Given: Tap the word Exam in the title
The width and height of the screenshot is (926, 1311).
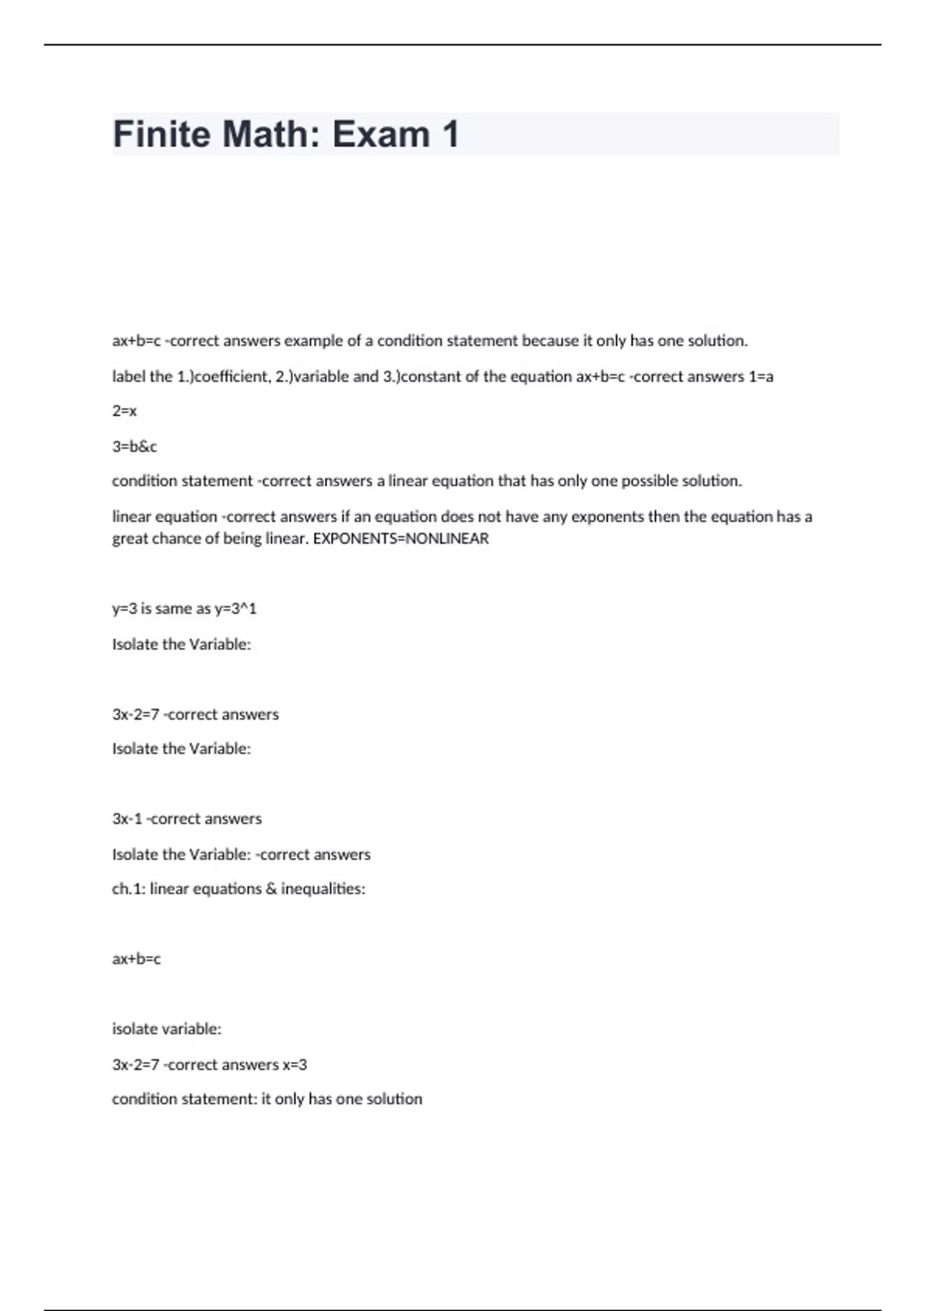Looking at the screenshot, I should [381, 134].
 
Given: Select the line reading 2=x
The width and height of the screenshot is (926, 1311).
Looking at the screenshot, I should [124, 411].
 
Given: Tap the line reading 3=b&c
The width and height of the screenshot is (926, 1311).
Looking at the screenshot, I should [134, 447].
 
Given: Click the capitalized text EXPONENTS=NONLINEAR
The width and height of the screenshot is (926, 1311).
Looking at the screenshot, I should [400, 538].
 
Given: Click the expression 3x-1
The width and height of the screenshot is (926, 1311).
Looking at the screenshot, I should [127, 818].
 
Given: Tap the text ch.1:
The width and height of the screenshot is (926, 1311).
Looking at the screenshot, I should [129, 888].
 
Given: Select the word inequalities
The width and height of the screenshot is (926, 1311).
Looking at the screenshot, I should [323, 888].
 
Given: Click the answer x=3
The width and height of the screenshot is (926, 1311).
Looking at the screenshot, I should [295, 1064].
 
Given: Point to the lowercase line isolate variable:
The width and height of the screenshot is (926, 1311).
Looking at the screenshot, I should [167, 1029].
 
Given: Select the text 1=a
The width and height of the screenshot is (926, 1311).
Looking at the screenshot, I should [761, 376].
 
